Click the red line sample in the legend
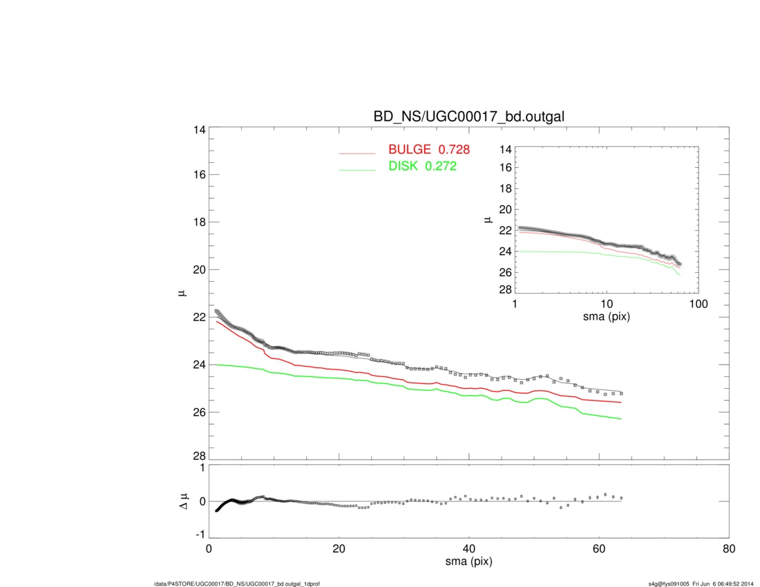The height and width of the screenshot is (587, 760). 357,153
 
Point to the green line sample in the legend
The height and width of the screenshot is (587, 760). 357,170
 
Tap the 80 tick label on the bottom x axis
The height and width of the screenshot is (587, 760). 728,550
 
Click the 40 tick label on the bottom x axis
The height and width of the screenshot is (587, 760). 468,550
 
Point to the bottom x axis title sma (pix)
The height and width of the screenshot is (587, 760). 468,562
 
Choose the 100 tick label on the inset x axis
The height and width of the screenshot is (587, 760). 698,304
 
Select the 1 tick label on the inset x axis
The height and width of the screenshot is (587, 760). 515,304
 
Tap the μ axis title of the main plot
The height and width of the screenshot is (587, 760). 182,293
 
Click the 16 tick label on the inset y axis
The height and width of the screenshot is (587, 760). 504,167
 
